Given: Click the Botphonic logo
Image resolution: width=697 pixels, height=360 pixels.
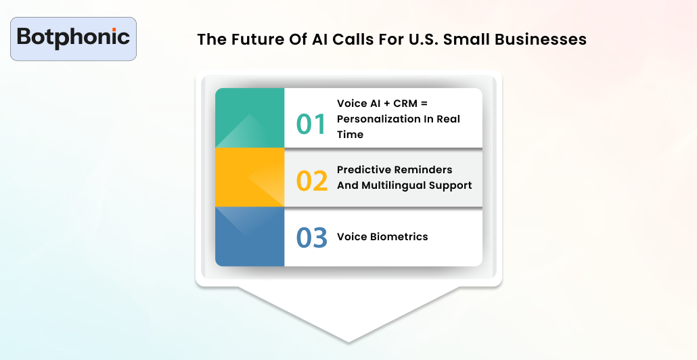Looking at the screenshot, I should (73, 37).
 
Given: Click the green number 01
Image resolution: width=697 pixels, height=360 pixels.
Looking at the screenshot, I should (312, 125).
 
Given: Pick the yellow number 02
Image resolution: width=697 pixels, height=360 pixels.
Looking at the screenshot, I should (312, 181).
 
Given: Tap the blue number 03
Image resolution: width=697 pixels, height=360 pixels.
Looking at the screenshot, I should (312, 238).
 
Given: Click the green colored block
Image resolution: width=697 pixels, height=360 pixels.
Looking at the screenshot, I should (249, 118).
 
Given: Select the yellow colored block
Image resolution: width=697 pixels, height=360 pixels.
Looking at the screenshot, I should (249, 177).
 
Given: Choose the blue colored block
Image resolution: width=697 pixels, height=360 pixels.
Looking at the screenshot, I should (249, 236).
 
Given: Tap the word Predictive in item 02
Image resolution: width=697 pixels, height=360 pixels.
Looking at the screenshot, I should (363, 169).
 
